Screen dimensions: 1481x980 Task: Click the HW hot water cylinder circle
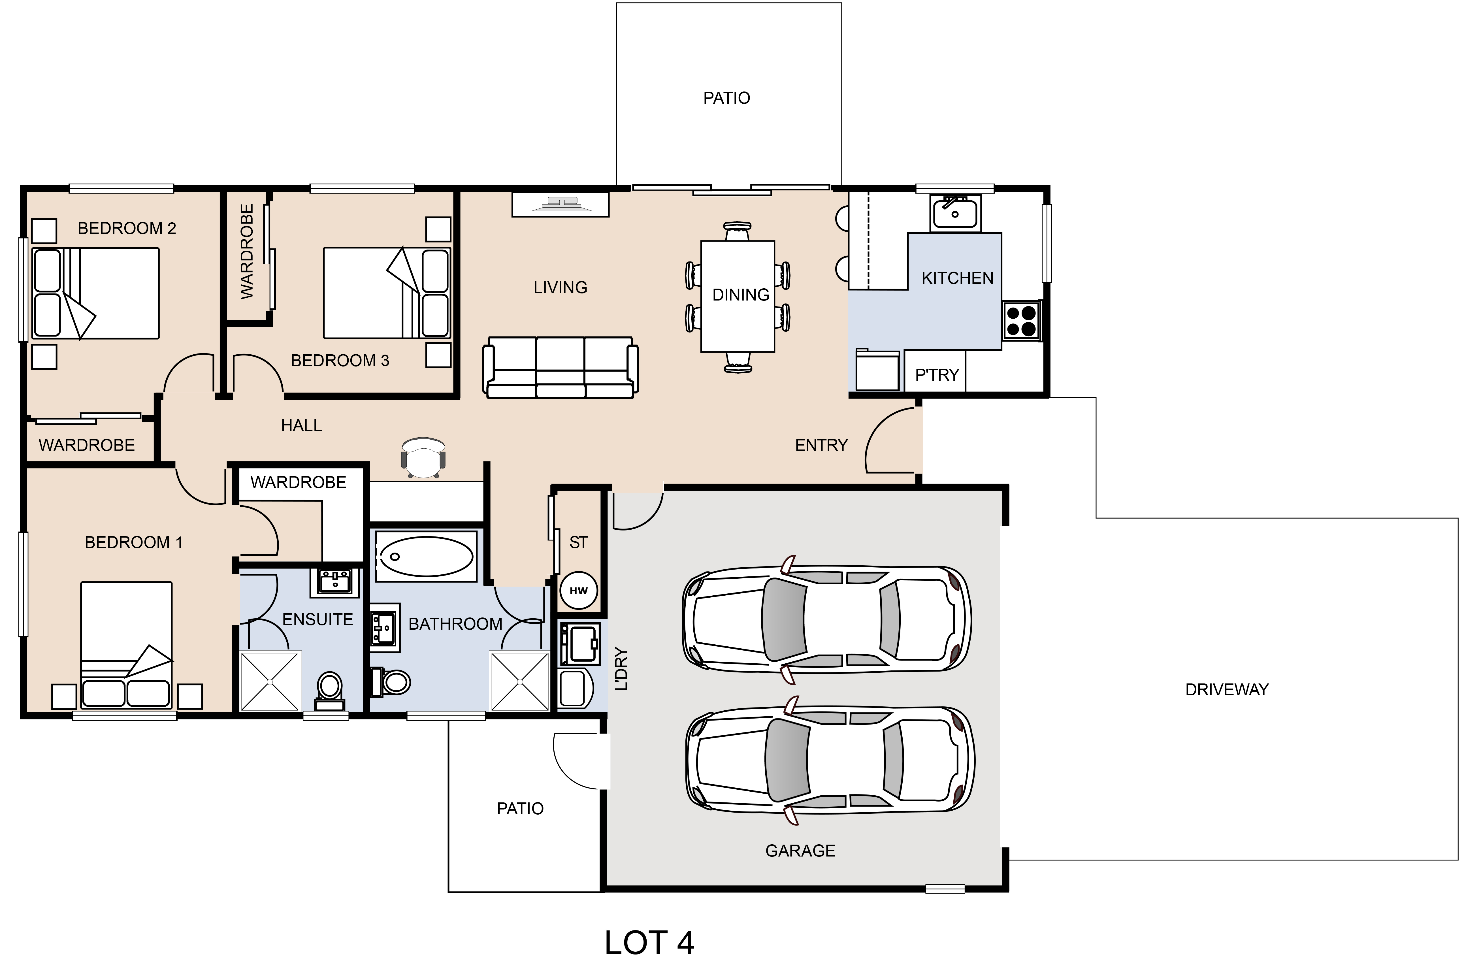(579, 591)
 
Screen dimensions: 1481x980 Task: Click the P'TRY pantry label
(937, 375)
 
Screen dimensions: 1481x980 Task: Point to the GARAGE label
(800, 851)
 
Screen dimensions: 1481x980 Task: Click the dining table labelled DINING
(738, 296)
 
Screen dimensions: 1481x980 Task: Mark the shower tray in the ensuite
(270, 681)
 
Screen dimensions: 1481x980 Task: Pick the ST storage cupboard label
(579, 542)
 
